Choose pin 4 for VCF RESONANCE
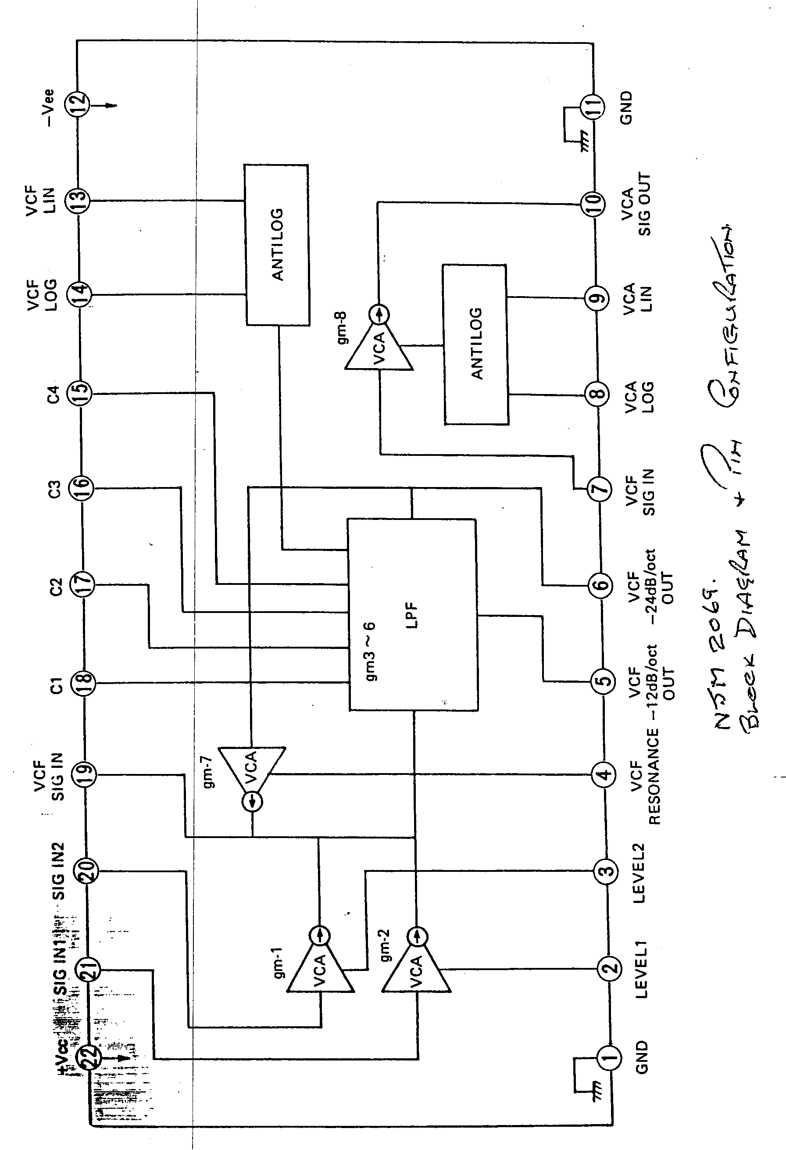[x=604, y=774]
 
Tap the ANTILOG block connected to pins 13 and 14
[x=277, y=245]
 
